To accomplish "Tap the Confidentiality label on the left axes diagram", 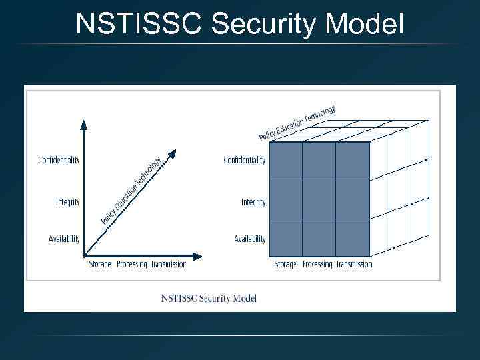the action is pyautogui.click(x=59, y=160).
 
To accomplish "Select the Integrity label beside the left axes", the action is pyautogui.click(x=67, y=202).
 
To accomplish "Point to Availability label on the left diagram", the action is pyautogui.click(x=64, y=239).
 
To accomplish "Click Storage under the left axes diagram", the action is pyautogui.click(x=100, y=265).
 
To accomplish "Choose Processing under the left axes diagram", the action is pyautogui.click(x=131, y=265).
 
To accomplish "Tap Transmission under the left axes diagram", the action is pyautogui.click(x=168, y=265).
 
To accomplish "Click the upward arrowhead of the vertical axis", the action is pyautogui.click(x=83, y=123).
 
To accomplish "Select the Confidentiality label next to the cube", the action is pyautogui.click(x=244, y=160).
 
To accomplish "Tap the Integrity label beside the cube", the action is pyautogui.click(x=253, y=202).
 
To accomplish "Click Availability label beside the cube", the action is pyautogui.click(x=250, y=239).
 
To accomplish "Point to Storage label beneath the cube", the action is pyautogui.click(x=285, y=265).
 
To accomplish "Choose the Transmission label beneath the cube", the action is pyautogui.click(x=354, y=265).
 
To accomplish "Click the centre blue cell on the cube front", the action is pyautogui.click(x=319, y=200).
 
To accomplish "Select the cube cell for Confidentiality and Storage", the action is pyautogui.click(x=285, y=161).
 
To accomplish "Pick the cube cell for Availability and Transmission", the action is pyautogui.click(x=352, y=237).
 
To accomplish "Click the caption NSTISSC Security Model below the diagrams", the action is pyautogui.click(x=209, y=298).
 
